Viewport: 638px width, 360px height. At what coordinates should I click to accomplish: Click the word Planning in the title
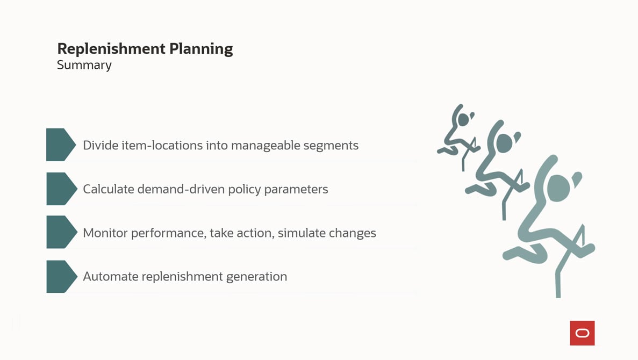[x=201, y=49]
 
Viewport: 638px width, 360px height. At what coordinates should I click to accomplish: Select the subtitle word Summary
[x=84, y=65]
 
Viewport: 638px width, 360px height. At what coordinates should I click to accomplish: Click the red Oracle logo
[x=582, y=333]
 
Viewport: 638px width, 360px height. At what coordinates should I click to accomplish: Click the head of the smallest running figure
[x=462, y=119]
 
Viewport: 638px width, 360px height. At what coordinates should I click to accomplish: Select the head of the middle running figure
[x=503, y=143]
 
